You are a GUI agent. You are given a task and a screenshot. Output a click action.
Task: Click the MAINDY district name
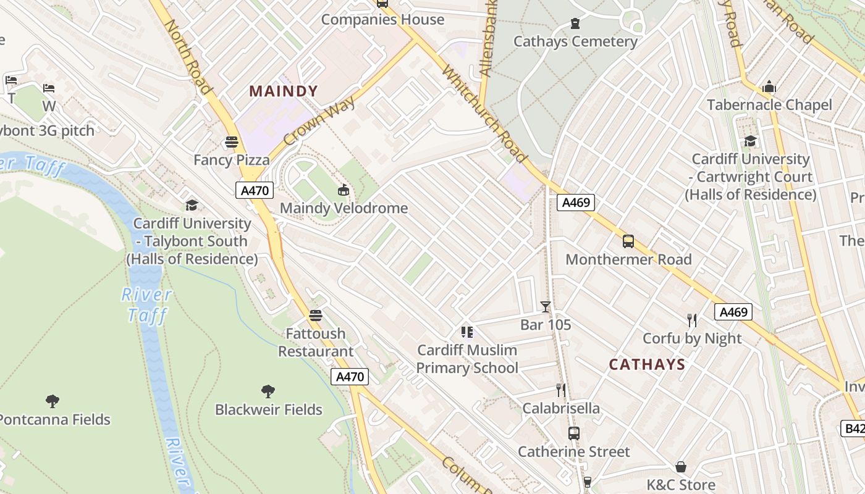284,91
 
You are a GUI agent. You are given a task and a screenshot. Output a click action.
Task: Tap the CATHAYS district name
647,364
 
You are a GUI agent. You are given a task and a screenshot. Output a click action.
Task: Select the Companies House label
382,20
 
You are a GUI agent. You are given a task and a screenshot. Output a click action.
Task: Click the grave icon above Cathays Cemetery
575,24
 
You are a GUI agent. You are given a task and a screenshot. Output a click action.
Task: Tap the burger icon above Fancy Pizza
232,143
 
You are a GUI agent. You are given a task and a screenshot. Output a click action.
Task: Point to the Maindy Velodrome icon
344,190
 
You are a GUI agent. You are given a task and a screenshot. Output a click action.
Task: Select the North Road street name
188,57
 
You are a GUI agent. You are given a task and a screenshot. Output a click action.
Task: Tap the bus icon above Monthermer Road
628,241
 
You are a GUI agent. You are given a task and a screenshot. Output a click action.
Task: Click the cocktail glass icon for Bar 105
546,307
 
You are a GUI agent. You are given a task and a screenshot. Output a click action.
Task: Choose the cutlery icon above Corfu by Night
692,320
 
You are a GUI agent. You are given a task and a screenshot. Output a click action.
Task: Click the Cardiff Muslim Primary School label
467,359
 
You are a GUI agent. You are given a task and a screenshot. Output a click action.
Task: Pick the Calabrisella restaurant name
561,408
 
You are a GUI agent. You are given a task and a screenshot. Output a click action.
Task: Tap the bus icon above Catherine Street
574,433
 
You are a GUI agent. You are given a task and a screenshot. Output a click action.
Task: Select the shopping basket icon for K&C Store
681,467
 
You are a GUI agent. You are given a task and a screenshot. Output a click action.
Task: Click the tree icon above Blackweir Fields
268,391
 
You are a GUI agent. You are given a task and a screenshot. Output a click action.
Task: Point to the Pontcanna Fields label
54,420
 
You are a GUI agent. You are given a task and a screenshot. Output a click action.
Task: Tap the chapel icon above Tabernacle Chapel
769,86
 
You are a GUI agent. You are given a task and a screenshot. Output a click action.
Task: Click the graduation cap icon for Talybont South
192,205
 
